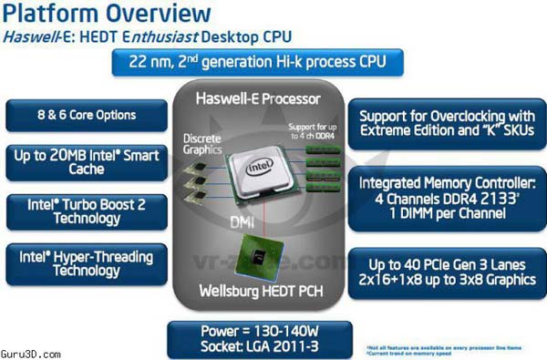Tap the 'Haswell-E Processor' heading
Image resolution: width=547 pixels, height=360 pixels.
pos(272,98)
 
